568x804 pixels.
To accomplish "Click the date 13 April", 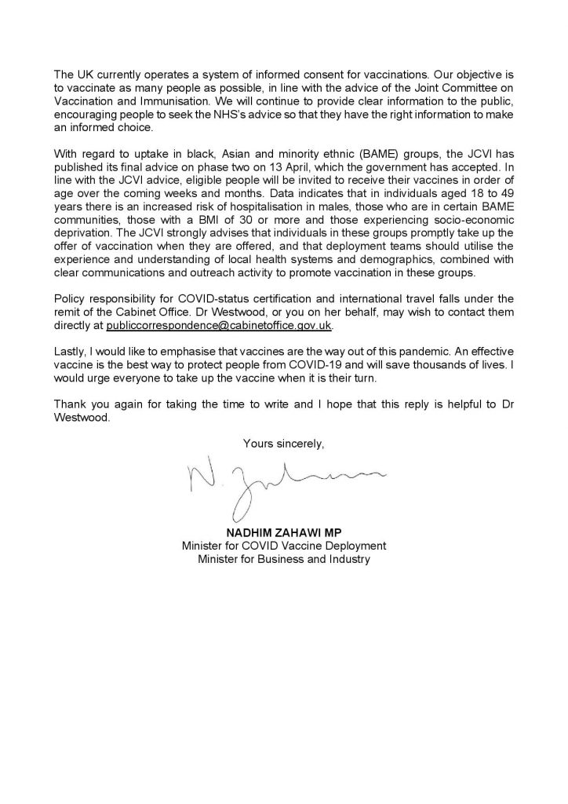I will click(303, 189).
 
